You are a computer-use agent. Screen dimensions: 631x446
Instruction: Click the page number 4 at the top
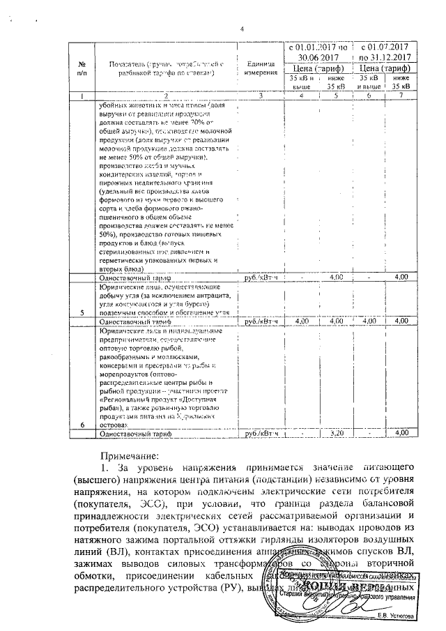point(243,29)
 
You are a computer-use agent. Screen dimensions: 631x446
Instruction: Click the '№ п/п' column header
point(83,68)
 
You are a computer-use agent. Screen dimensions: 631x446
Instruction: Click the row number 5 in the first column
point(83,312)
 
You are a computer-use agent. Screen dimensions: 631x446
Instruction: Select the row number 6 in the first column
point(83,425)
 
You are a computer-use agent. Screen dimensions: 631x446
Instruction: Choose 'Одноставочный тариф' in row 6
point(137,433)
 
